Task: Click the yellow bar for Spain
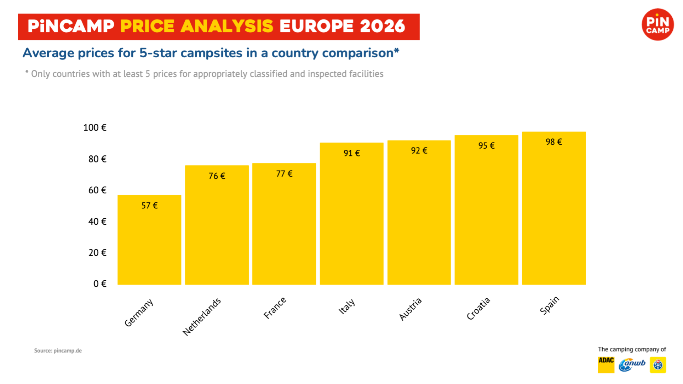[x=554, y=213]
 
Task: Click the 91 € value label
[x=351, y=153]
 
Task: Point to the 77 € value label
[x=284, y=174]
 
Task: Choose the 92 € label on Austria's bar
[x=419, y=151]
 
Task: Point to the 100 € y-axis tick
[x=95, y=128]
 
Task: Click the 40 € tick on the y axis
[x=97, y=222]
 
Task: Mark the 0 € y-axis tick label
[x=100, y=284]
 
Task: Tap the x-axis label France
[x=275, y=308]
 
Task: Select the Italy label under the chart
[x=346, y=306]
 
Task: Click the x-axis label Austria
[x=410, y=309]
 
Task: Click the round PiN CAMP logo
[x=657, y=25]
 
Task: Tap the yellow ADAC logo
[x=606, y=365]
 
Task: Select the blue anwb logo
[x=632, y=365]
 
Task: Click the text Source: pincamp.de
[x=58, y=351]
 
